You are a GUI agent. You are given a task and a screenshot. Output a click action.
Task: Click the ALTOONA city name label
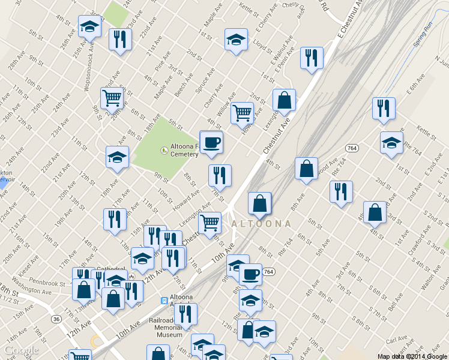pyautogui.click(x=261, y=223)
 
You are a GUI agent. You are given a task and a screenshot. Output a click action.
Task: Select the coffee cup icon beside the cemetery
pyautogui.click(x=211, y=143)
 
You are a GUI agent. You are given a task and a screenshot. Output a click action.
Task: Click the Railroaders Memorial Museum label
pyautogui.click(x=166, y=328)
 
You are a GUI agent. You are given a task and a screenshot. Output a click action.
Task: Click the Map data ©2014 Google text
pyautogui.click(x=412, y=356)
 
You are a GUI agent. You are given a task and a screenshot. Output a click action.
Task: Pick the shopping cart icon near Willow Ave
pyautogui.click(x=242, y=112)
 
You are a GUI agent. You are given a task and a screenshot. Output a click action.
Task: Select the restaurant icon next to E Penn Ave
pyautogui.click(x=311, y=58)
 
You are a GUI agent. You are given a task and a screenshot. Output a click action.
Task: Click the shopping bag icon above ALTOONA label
pyautogui.click(x=259, y=203)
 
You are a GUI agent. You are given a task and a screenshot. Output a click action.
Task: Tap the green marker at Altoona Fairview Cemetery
pyautogui.click(x=164, y=149)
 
